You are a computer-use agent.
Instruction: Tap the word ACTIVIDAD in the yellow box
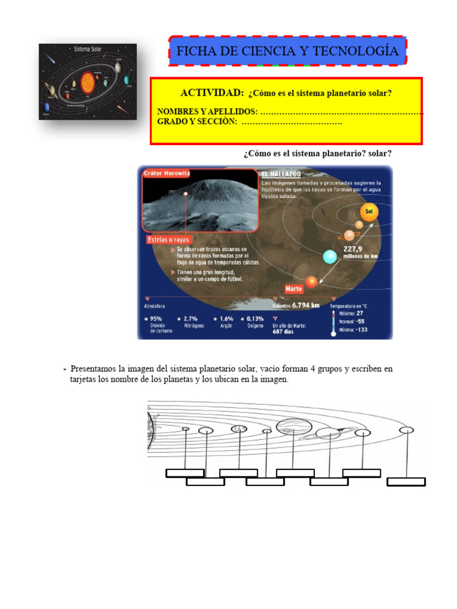pyautogui.click(x=212, y=93)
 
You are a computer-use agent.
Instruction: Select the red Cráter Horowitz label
pyautogui.click(x=167, y=173)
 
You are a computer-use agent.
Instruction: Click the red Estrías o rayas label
pyautogui.click(x=168, y=240)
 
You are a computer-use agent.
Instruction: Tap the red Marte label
pyautogui.click(x=293, y=288)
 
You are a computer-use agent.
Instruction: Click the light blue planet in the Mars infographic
pyautogui.click(x=330, y=256)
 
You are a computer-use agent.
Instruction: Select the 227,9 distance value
pyautogui.click(x=355, y=249)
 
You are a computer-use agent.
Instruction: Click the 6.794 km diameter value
pyautogui.click(x=306, y=306)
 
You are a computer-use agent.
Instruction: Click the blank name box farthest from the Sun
pyautogui.click(x=406, y=482)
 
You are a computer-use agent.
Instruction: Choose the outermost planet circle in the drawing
pyautogui.click(x=406, y=429)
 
